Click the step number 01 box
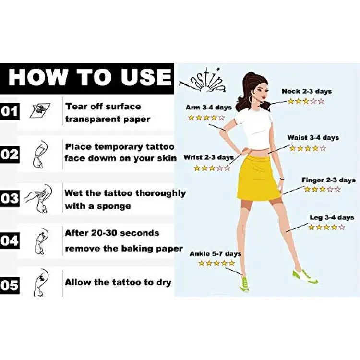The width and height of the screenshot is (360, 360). pyautogui.click(x=10, y=111)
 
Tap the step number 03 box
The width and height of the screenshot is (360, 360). pyautogui.click(x=10, y=198)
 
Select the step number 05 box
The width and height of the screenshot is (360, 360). pyautogui.click(x=10, y=286)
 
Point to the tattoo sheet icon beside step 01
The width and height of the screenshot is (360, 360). pyautogui.click(x=40, y=110)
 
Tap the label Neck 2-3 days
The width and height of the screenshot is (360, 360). pyautogui.click(x=307, y=91)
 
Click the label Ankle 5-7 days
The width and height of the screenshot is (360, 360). pyautogui.click(x=216, y=254)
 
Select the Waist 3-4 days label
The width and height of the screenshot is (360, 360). pyautogui.click(x=313, y=138)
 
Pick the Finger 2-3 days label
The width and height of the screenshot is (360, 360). pyautogui.click(x=328, y=180)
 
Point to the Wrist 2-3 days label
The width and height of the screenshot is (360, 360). pyautogui.click(x=209, y=157)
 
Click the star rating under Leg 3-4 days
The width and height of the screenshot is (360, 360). pyautogui.click(x=326, y=228)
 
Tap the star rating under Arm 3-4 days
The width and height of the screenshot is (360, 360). pyautogui.click(x=206, y=118)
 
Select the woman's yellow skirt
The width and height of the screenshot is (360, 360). pyautogui.click(x=259, y=178)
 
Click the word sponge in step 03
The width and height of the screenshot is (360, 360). pyautogui.click(x=114, y=206)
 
